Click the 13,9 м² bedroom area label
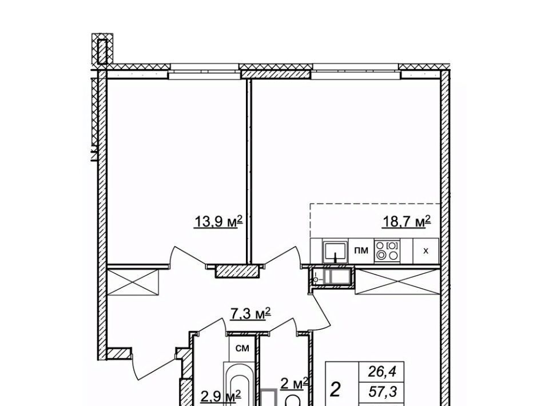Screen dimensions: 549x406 [x=218, y=221]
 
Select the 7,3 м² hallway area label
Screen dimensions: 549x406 [x=250, y=313]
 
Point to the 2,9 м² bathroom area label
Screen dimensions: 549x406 [x=221, y=396]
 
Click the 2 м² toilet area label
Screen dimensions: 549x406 [x=294, y=384]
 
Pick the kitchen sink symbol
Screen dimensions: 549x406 [x=336, y=251]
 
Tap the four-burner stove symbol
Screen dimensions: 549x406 [x=387, y=251]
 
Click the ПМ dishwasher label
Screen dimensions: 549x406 [x=361, y=250]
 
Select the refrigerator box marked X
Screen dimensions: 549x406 [x=425, y=251]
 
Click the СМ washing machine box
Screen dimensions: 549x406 [x=242, y=348]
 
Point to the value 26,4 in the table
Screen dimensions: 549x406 [x=382, y=372]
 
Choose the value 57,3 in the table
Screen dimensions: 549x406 [x=383, y=392]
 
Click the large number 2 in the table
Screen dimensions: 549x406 [x=336, y=390]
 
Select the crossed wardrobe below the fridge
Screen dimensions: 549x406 [x=397, y=282]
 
